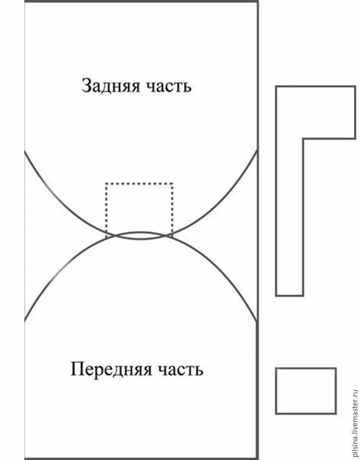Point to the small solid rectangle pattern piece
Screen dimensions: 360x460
306,390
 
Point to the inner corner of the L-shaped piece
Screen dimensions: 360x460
304,138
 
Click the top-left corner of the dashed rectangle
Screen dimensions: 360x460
106,183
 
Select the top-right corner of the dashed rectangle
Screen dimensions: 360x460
173,183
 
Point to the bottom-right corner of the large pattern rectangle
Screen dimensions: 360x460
257,458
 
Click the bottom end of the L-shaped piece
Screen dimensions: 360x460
290,294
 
